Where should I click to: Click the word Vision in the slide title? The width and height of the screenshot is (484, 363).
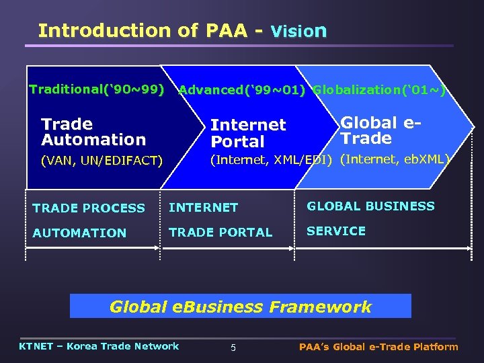[x=298, y=31]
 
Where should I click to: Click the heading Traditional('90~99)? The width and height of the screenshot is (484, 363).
[x=97, y=89]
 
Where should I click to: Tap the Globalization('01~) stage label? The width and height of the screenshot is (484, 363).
[x=379, y=90]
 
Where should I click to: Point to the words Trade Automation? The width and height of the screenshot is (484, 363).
[x=93, y=132]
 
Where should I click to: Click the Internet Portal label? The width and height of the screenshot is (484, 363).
[x=248, y=133]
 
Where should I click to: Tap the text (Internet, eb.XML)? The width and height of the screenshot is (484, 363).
[x=394, y=159]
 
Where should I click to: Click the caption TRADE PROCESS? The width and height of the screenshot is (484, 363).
[x=88, y=208]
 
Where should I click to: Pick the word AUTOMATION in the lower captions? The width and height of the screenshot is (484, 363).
[x=79, y=233]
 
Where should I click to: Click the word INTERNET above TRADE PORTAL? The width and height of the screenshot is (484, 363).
[x=203, y=208]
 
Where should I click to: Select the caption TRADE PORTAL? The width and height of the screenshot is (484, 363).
[x=220, y=233]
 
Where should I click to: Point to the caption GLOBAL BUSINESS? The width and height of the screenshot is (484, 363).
[x=371, y=206]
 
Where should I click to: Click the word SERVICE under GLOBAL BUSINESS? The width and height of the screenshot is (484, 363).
[x=336, y=231]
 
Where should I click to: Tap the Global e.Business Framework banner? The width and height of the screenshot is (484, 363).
[x=241, y=307]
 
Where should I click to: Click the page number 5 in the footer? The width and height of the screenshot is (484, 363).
[x=233, y=348]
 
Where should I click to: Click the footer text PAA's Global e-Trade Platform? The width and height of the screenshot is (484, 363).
[x=378, y=347]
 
